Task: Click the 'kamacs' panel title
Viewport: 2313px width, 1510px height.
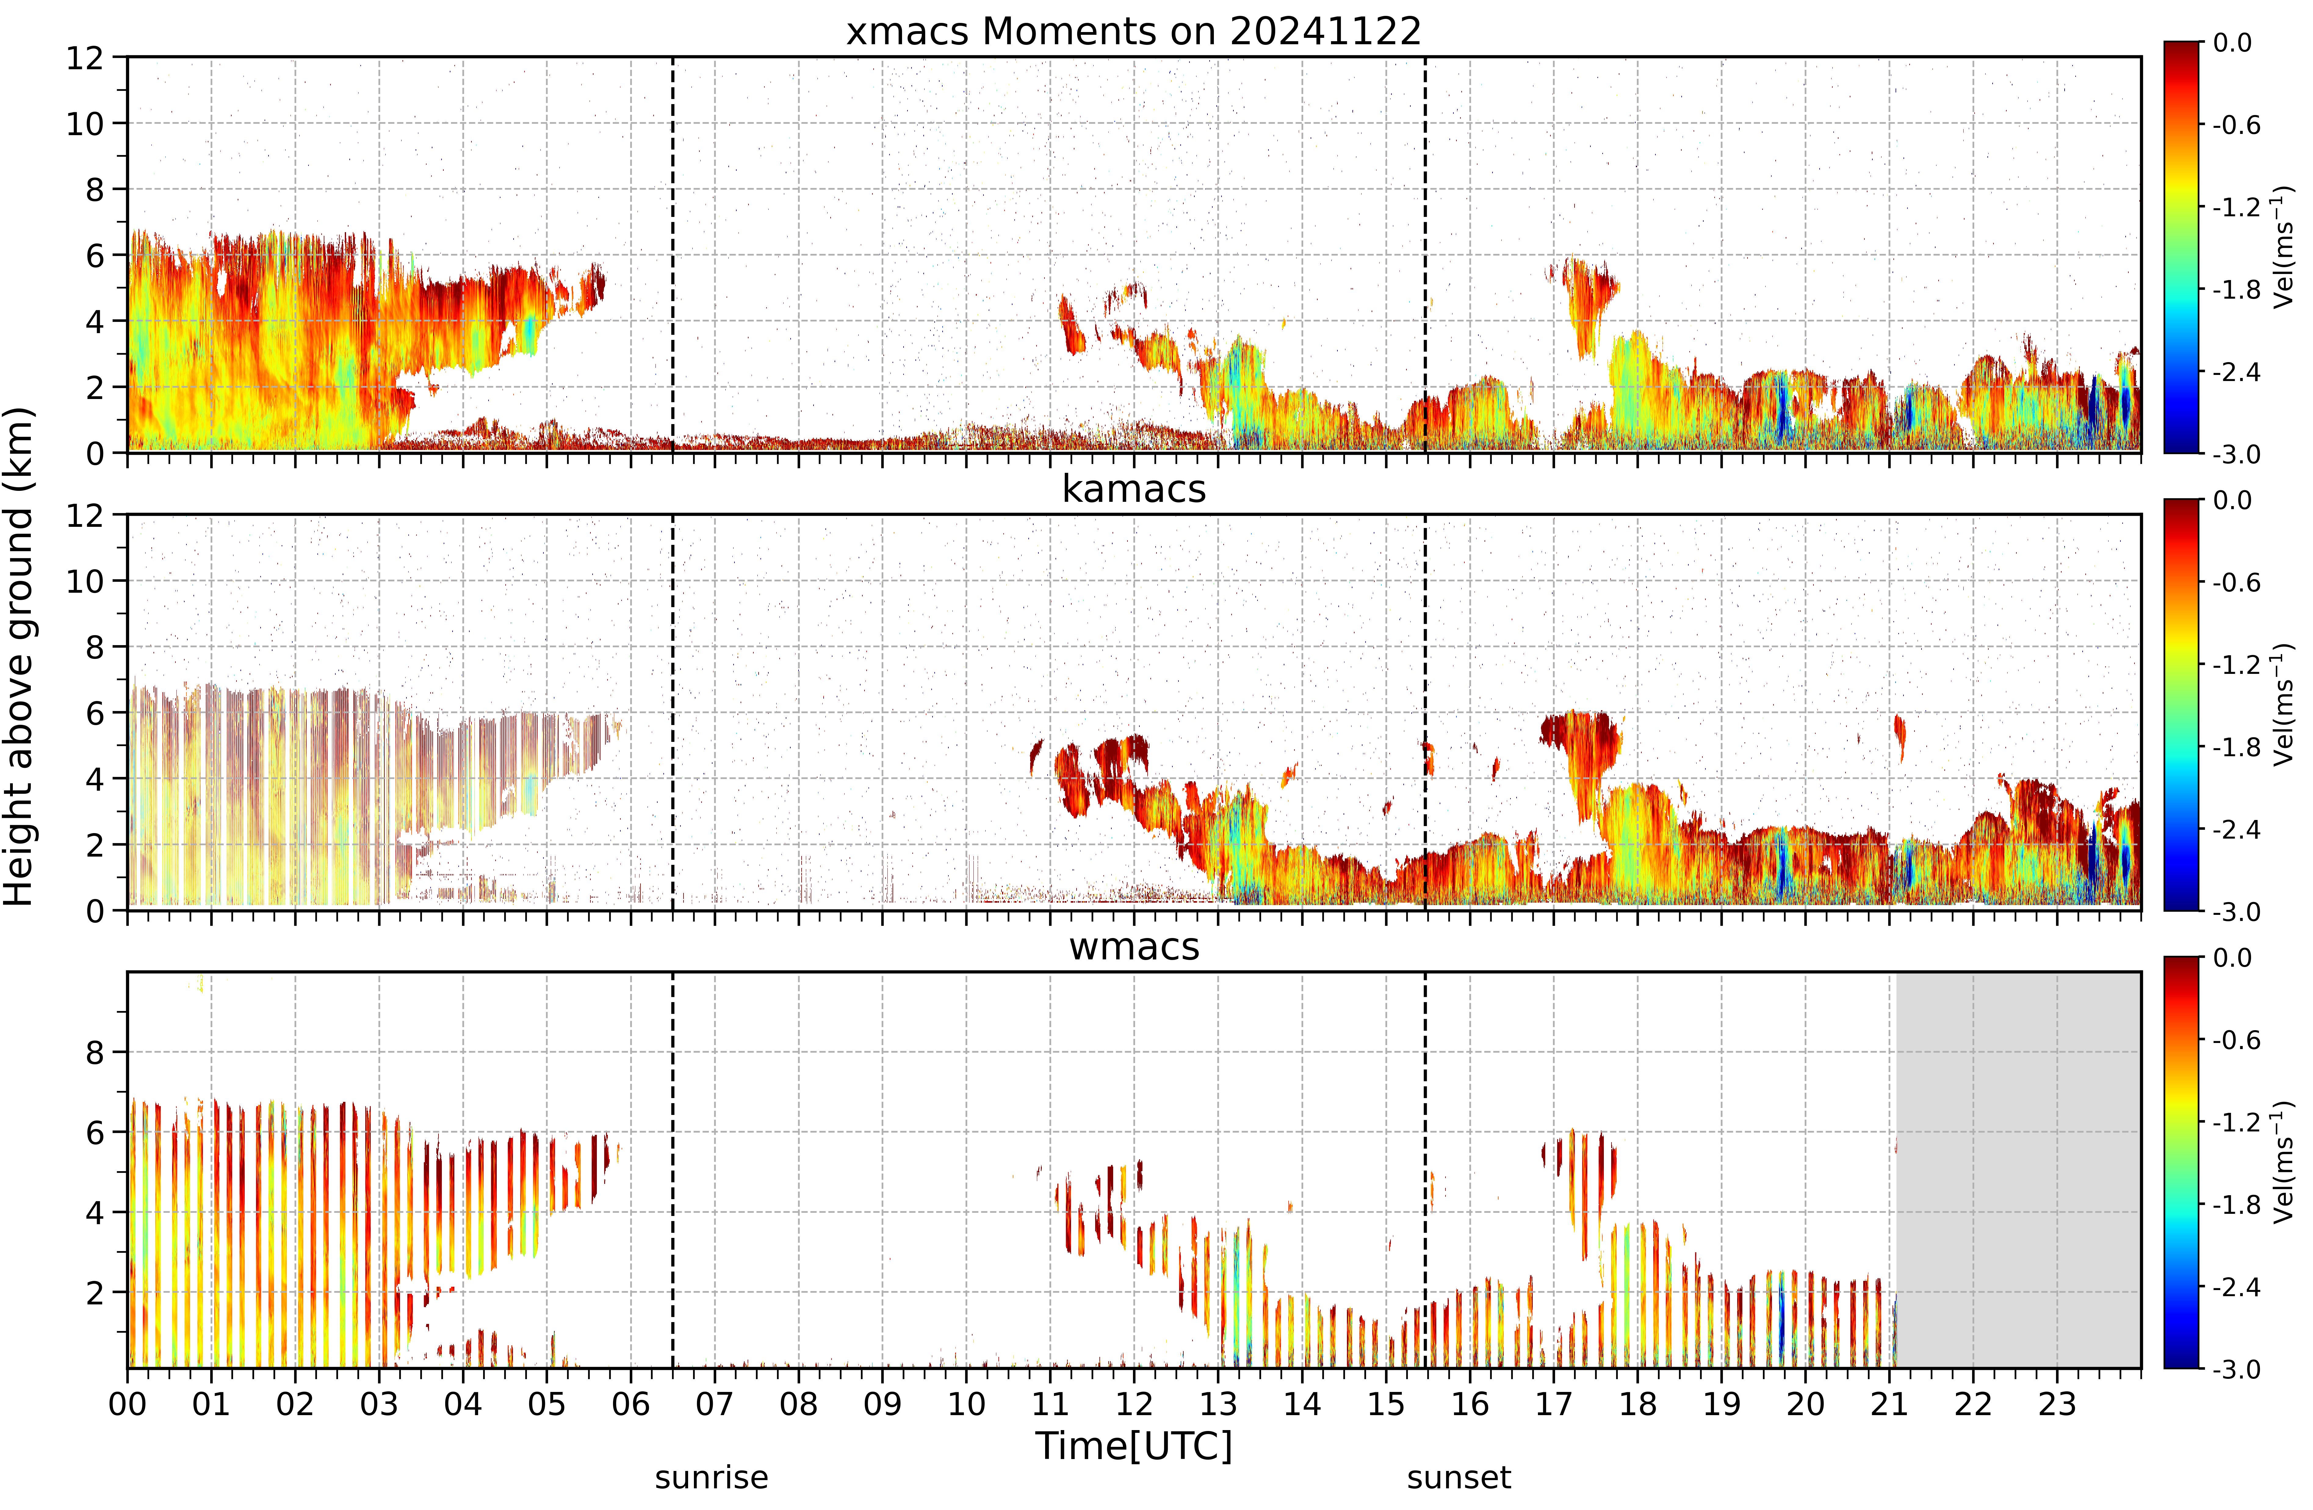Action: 1133,489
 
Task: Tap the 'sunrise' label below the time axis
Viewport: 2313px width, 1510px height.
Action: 711,1478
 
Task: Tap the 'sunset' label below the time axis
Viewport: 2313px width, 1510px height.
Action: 1459,1478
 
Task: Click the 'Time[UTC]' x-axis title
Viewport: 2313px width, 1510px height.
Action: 1133,1446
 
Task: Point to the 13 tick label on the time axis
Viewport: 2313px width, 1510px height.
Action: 1218,1404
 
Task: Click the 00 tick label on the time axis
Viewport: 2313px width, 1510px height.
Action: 127,1404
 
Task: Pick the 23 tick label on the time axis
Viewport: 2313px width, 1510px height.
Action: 2056,1404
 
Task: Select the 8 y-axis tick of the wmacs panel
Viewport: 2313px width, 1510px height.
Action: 94,1052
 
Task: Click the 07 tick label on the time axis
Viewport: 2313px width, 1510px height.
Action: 714,1404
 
